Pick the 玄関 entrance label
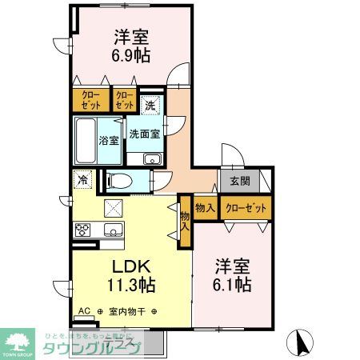pyautogui.click(x=240, y=181)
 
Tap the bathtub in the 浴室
pyautogui.click(x=86, y=140)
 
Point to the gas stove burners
pyautogui.click(x=84, y=230)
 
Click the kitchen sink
pyautogui.click(x=111, y=231)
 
